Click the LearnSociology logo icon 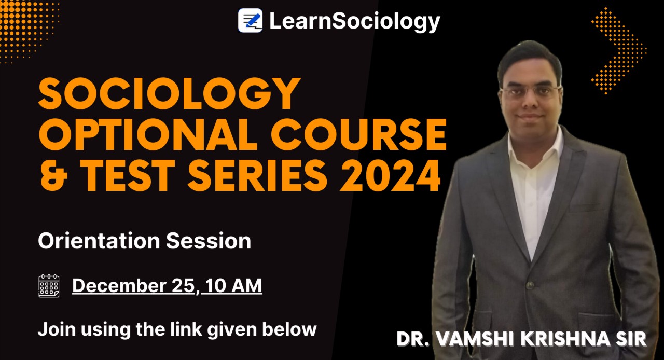pyautogui.click(x=250, y=21)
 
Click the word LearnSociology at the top pyautogui.click(x=354, y=21)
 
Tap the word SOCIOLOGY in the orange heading pyautogui.click(x=169, y=94)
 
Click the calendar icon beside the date pyautogui.click(x=49, y=286)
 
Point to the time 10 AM pyautogui.click(x=233, y=286)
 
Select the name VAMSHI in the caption pyautogui.click(x=474, y=339)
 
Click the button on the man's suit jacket pyautogui.click(x=530, y=285)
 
